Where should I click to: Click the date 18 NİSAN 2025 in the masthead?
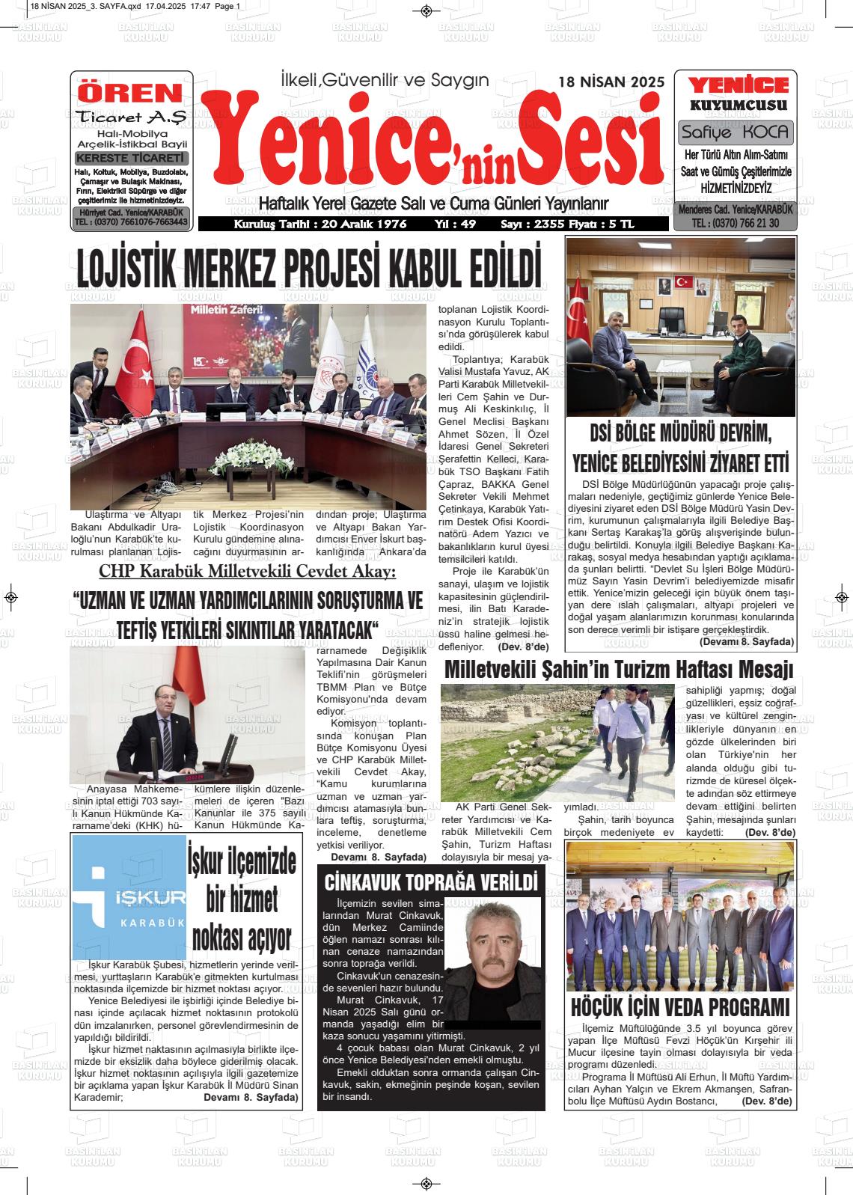[611, 82]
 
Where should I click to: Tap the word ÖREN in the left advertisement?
[131, 93]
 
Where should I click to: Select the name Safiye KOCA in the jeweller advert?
[735, 133]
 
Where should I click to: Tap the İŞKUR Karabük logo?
[129, 898]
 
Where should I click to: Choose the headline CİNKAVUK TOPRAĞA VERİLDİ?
[431, 881]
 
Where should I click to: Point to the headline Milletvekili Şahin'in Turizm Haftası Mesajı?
[619, 648]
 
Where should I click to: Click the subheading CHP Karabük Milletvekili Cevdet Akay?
[248, 572]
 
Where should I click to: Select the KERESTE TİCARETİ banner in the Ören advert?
[131, 159]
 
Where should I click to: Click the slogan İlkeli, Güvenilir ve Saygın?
[384, 79]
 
